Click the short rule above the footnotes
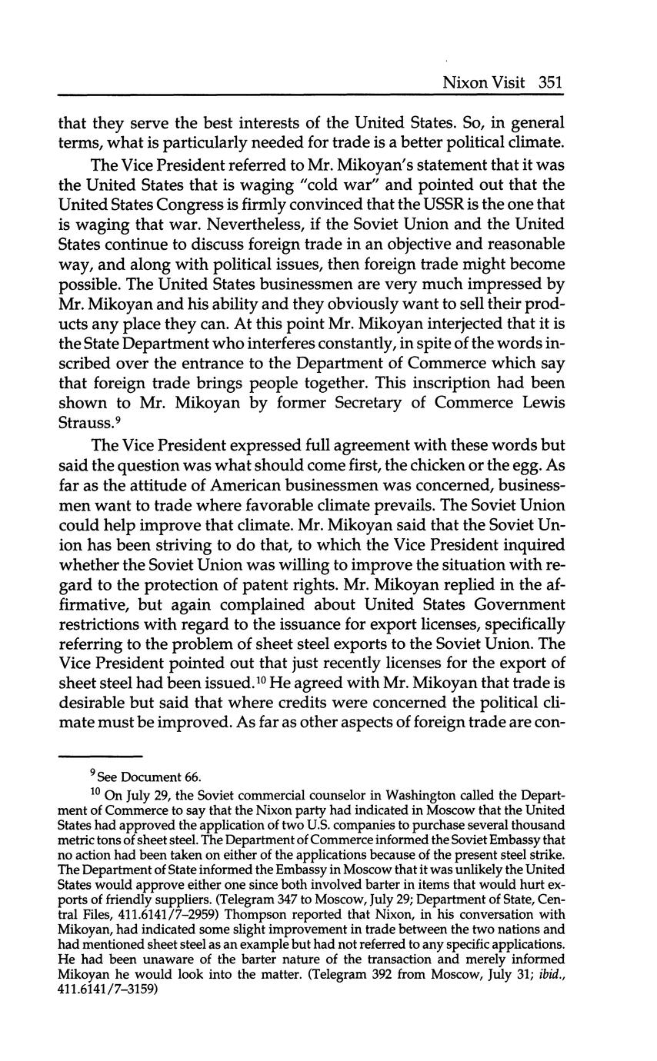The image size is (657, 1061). point(102,756)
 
